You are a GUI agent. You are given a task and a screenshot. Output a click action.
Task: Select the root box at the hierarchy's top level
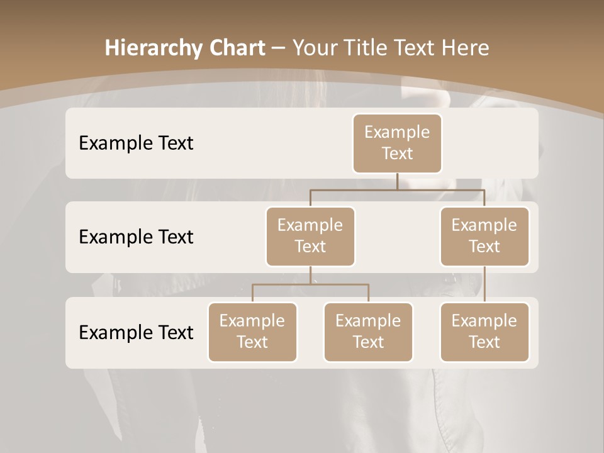point(397,143)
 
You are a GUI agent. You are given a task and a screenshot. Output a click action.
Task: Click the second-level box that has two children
point(310,236)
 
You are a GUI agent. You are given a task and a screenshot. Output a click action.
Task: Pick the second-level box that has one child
point(484,236)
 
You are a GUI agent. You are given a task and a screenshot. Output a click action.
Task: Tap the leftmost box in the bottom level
point(252,332)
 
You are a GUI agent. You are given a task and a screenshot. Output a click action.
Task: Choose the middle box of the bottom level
point(368,332)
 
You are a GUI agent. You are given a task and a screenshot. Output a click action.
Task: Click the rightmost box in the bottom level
point(484,332)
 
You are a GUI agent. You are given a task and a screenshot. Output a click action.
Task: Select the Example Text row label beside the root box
point(136,143)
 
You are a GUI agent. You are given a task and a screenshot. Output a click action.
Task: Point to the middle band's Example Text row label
point(136,237)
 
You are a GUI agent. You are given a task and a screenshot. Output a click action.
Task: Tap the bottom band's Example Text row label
point(136,332)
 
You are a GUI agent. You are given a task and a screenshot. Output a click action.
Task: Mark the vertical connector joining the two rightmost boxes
point(484,284)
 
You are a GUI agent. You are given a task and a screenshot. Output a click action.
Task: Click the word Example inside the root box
point(397,132)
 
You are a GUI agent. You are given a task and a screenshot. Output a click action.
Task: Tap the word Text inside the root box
point(397,154)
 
